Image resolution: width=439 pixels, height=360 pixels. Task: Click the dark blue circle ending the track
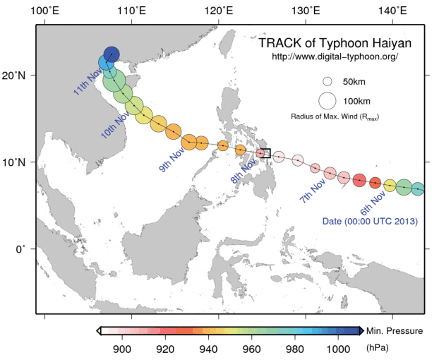pyautogui.click(x=112, y=54)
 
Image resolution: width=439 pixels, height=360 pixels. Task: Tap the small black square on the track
pyautogui.click(x=265, y=153)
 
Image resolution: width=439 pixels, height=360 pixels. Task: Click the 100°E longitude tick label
pyautogui.click(x=44, y=11)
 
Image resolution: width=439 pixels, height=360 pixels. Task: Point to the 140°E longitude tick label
pyautogui.click(x=392, y=11)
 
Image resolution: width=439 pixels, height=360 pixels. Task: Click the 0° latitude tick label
pyautogui.click(x=20, y=249)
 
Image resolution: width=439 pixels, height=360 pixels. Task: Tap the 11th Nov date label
pyautogui.click(x=88, y=81)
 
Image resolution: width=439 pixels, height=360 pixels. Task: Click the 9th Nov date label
pyautogui.click(x=172, y=160)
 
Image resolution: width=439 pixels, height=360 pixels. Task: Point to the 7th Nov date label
pyautogui.click(x=313, y=191)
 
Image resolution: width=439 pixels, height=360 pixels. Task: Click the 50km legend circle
pyautogui.click(x=327, y=81)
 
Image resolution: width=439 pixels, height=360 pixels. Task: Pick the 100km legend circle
pyautogui.click(x=327, y=101)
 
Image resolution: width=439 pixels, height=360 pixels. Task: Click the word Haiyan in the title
pyautogui.click(x=392, y=43)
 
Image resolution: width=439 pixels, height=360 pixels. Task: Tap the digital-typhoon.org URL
pyautogui.click(x=335, y=57)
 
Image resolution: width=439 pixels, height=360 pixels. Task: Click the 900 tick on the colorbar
pyautogui.click(x=122, y=349)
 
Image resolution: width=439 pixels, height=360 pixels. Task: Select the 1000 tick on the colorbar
pyautogui.click(x=338, y=349)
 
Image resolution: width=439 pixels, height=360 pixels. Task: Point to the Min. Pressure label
pyautogui.click(x=395, y=331)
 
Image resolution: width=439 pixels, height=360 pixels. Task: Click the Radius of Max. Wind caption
pyautogui.click(x=335, y=116)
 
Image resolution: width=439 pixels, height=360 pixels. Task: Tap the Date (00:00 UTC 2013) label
pyautogui.click(x=370, y=221)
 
